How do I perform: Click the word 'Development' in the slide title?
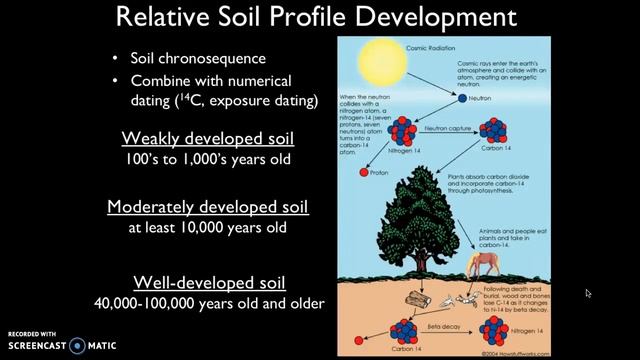click(430, 19)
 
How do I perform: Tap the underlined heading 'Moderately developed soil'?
click(207, 207)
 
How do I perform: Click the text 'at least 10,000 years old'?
click(207, 228)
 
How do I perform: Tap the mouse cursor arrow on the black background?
click(588, 294)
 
